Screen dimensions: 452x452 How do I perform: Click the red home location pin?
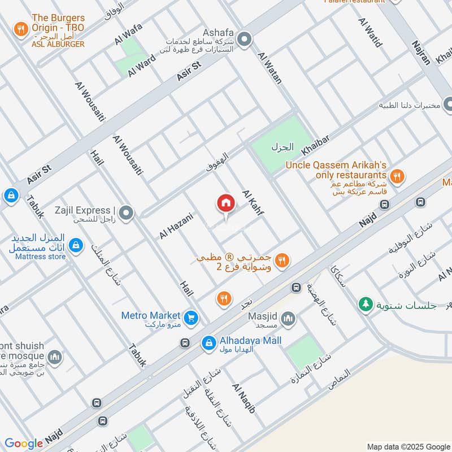tap(225, 204)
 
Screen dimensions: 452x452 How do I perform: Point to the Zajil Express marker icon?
tap(127, 213)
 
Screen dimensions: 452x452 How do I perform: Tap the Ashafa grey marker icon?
tap(244, 40)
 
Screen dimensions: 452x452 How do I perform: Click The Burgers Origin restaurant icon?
tap(21, 29)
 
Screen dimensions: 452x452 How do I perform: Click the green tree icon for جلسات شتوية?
tap(366, 305)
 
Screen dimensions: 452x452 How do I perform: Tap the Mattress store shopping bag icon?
tap(75, 246)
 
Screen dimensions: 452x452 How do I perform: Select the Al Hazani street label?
tap(176, 225)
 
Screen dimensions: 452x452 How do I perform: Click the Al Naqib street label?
tap(244, 397)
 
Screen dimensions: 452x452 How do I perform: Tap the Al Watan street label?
tap(269, 68)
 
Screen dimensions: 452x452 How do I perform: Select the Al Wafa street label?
tap(128, 34)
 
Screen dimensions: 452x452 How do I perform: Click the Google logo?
tap(24, 444)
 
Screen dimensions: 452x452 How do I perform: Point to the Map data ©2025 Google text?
tap(407, 446)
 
